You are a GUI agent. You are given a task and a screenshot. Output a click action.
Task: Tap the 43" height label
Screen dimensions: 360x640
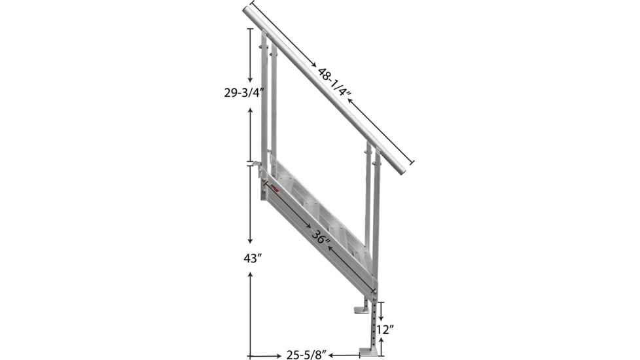point(253,258)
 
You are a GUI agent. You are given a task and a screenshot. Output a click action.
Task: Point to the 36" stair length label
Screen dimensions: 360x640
point(321,236)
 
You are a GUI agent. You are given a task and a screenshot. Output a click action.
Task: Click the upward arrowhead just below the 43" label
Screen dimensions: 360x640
point(251,276)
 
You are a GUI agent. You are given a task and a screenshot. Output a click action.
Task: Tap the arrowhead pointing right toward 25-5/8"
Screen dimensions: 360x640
point(279,356)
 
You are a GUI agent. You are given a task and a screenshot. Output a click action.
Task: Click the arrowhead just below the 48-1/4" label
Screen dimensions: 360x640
point(348,101)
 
